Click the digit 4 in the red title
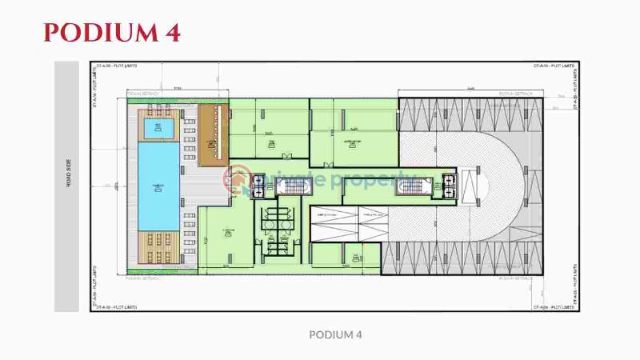[171, 32]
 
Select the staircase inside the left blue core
[293, 186]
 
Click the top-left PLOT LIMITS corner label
[113, 66]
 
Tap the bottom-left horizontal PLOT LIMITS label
[113, 306]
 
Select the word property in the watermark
[369, 181]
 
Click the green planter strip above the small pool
[160, 102]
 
